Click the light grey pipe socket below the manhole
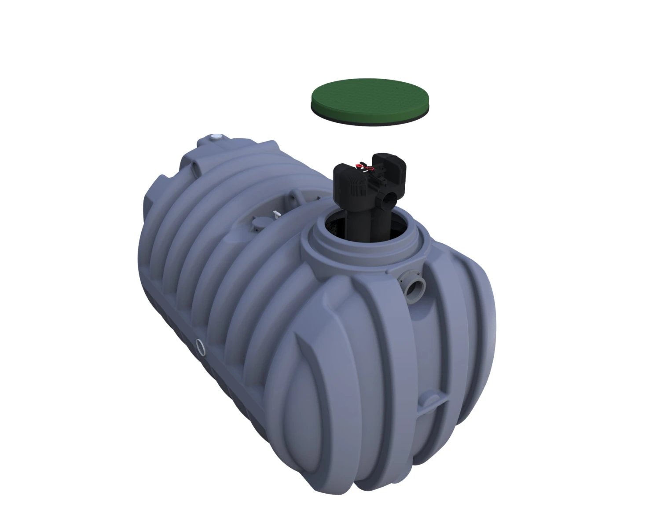pyautogui.click(x=414, y=289)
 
